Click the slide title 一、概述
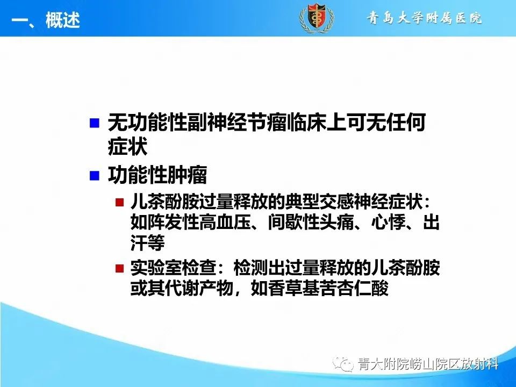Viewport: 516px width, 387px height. [x=46, y=20]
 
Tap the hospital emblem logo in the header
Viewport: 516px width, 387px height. [x=316, y=18]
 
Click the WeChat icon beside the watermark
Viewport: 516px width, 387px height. [x=344, y=365]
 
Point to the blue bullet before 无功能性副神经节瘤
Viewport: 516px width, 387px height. [x=95, y=124]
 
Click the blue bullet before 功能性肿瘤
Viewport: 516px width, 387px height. [x=95, y=175]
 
